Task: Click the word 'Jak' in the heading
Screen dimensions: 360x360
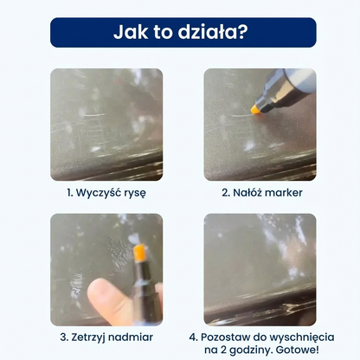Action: click(131, 32)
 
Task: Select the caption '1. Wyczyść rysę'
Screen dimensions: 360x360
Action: click(106, 192)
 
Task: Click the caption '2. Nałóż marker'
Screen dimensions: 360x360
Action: click(260, 192)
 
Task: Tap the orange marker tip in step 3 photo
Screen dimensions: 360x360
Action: click(138, 254)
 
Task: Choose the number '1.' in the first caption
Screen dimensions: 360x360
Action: click(70, 192)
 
